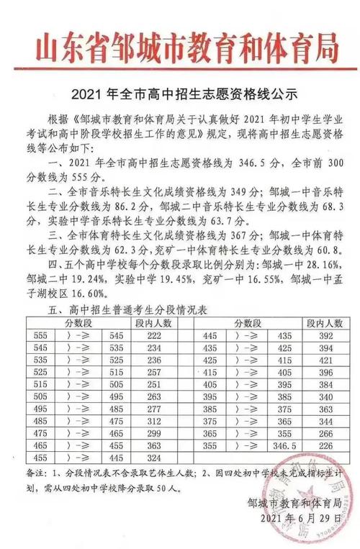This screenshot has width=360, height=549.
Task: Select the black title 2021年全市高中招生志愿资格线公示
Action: (179, 94)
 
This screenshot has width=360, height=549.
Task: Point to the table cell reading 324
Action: (152, 460)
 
